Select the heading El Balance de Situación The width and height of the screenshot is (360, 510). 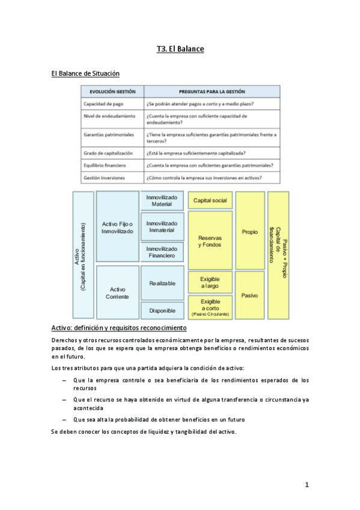tap(85, 73)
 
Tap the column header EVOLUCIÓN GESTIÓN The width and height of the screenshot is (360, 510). tap(112, 91)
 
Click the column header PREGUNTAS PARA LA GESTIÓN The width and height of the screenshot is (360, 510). tap(212, 91)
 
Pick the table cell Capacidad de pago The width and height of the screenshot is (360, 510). tap(103, 103)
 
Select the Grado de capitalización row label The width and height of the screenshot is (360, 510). tap(108, 153)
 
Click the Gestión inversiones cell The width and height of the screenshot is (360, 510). tap(106, 177)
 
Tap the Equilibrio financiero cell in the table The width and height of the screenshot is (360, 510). tap(105, 165)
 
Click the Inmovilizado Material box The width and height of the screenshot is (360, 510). tap(162, 200)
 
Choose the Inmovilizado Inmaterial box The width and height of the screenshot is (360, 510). tap(162, 226)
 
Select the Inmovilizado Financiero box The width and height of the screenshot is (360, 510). tap(162, 252)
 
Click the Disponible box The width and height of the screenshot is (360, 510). tap(162, 310)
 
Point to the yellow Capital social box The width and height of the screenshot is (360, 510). tap(210, 200)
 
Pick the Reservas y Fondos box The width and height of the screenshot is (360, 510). tap(210, 241)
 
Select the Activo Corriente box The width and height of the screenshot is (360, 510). tap(118, 292)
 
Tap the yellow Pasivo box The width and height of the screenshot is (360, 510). tap(249, 295)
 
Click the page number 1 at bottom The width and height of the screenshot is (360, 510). tap(307, 485)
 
